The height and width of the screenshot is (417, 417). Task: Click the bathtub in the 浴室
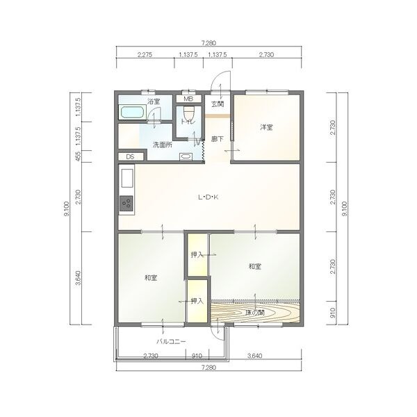click(x=133, y=112)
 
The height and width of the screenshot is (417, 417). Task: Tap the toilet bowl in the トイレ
click(x=189, y=113)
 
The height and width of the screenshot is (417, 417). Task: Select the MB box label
click(x=188, y=99)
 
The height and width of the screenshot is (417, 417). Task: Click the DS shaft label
click(x=130, y=157)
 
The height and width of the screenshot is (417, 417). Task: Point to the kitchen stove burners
click(x=126, y=203)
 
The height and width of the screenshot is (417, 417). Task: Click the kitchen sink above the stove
click(x=127, y=178)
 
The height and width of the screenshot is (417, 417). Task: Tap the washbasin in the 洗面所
click(x=185, y=157)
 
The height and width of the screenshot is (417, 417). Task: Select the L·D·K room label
click(x=208, y=197)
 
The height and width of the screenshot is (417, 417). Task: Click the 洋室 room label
click(x=266, y=127)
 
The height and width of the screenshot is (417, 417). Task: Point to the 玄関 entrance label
click(x=218, y=104)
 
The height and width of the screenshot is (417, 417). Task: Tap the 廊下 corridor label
click(x=217, y=139)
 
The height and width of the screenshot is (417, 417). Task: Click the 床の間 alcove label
click(x=255, y=313)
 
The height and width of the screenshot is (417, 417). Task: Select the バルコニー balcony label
click(x=171, y=342)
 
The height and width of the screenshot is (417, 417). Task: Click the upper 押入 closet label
click(x=197, y=255)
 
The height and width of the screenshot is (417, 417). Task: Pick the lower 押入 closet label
click(x=197, y=301)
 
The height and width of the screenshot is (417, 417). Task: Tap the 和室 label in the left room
click(x=151, y=278)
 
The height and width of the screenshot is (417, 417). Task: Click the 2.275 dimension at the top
click(x=145, y=55)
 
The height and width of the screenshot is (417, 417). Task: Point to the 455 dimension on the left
click(x=78, y=156)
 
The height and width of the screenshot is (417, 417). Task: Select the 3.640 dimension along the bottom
click(x=255, y=356)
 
